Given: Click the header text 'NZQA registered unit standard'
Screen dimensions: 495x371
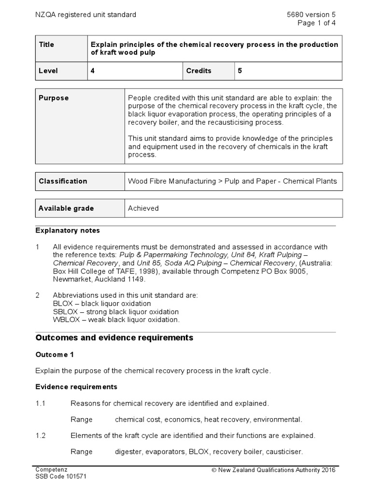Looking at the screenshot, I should [86, 15].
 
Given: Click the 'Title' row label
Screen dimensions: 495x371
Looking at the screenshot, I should [46, 44].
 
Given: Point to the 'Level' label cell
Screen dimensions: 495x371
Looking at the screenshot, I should [48, 71].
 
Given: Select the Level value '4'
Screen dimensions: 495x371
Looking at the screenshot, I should [93, 71].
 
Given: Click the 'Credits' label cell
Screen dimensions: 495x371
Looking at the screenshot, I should [199, 71].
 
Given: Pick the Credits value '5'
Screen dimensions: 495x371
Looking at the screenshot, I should [240, 71].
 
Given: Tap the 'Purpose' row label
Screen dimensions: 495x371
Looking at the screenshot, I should [54, 98].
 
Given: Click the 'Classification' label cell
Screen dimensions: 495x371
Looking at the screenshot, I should [63, 181].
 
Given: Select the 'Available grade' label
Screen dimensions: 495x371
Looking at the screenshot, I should [66, 208].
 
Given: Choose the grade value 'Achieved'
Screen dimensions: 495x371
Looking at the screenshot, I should [143, 208].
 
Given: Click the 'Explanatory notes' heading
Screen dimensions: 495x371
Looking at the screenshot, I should [68, 231].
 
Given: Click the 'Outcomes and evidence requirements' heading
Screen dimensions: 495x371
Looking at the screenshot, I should [114, 338].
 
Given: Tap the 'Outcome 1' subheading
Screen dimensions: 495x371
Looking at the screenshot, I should [55, 354].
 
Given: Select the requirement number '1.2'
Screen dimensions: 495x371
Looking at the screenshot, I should [41, 436].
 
